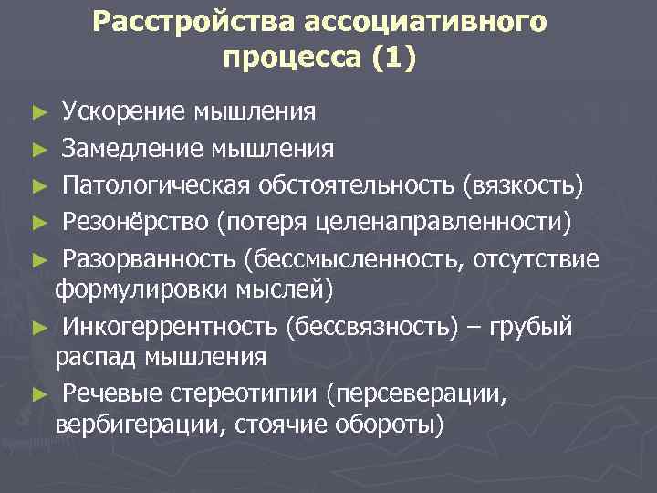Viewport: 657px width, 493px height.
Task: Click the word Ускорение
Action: tap(123, 113)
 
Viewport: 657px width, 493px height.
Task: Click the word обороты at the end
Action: tap(395, 425)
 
